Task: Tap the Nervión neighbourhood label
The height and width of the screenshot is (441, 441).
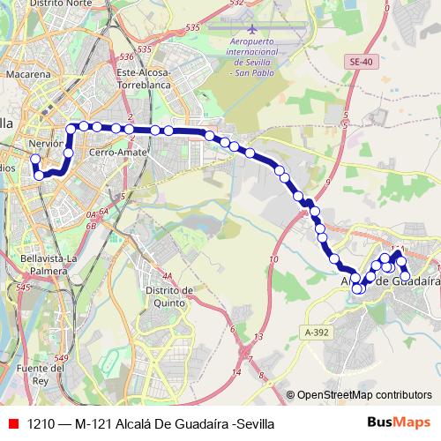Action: pos(46,142)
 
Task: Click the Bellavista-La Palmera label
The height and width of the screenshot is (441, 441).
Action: pos(49,264)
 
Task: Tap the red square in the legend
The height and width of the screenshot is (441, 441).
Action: pos(12,423)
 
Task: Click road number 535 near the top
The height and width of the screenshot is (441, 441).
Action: pos(192,28)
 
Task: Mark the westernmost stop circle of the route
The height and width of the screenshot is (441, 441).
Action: pos(35,160)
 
